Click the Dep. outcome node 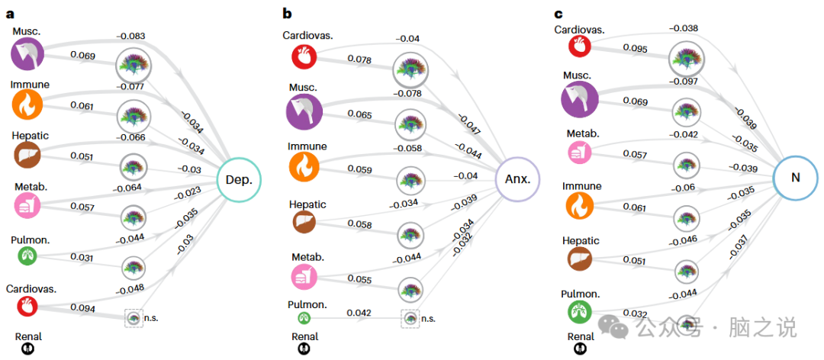click(239, 180)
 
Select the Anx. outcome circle click(518, 180)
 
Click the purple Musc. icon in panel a click(28, 53)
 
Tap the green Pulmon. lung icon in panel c click(580, 312)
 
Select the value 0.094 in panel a click(82, 307)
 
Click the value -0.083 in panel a click(130, 35)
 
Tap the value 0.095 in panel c click(636, 47)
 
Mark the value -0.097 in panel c click(683, 81)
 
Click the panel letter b click(287, 13)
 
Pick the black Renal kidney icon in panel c click(581, 349)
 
